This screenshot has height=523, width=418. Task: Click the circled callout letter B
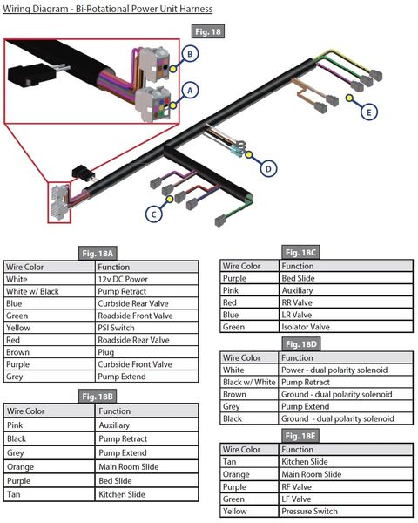[190, 54]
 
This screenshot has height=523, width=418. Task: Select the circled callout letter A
[190, 91]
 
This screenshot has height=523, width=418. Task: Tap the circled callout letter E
[368, 112]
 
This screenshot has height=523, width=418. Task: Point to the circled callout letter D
[268, 169]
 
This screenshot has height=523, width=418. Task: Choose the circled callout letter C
[153, 214]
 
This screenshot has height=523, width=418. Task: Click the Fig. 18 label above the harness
[208, 31]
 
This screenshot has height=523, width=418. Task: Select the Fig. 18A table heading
[98, 254]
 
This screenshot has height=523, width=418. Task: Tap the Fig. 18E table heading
[300, 436]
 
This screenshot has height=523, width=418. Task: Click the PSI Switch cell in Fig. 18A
[146, 328]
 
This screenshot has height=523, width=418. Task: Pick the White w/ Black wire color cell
[50, 291]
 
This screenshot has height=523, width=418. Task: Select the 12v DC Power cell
[146, 279]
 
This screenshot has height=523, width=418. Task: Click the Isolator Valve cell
[346, 327]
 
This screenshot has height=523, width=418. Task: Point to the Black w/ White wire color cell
[249, 382]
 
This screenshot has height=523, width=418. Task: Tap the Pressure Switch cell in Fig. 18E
[346, 511]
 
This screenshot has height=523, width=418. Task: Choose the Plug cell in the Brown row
[146, 352]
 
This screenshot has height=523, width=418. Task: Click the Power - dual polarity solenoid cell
[346, 370]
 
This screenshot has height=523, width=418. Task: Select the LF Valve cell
[346, 499]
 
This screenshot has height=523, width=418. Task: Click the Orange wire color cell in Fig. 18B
[50, 466]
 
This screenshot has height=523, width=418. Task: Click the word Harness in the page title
[196, 9]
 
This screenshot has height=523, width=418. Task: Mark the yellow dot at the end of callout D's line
[249, 154]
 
